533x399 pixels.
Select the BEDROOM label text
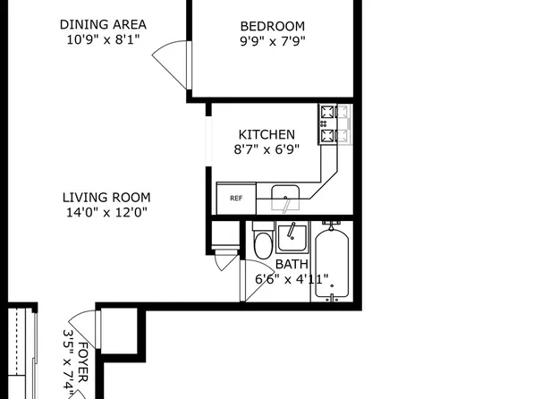pyautogui.click(x=273, y=27)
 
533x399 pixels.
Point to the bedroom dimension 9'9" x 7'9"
pyautogui.click(x=273, y=41)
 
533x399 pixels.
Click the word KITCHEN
pyautogui.click(x=266, y=135)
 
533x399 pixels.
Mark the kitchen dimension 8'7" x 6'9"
pyautogui.click(x=266, y=149)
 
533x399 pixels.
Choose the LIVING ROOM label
pyautogui.click(x=106, y=198)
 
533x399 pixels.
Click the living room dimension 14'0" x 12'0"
pyautogui.click(x=106, y=212)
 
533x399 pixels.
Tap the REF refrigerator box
pyautogui.click(x=235, y=198)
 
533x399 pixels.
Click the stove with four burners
pyautogui.click(x=335, y=124)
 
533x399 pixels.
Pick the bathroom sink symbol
pyautogui.click(x=292, y=238)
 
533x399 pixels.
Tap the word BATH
pyautogui.click(x=292, y=265)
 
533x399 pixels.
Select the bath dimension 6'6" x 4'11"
pyautogui.click(x=292, y=278)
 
